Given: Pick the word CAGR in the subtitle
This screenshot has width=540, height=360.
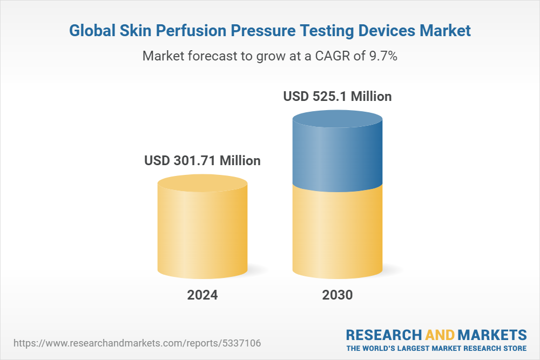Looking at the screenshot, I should click(332, 56).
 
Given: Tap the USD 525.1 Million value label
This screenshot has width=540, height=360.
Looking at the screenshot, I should click(337, 97).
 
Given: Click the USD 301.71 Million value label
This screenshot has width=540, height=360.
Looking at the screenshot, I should click(202, 161).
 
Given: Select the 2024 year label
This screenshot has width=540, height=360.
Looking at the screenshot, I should click(202, 295).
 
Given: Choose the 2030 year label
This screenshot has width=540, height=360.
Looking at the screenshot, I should click(337, 295).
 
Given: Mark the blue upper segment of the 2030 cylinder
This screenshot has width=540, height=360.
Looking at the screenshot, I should click(337, 157).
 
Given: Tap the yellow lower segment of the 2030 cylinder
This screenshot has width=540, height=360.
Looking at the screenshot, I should click(337, 232).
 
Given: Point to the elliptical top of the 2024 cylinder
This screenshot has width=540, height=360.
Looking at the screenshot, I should click(202, 184).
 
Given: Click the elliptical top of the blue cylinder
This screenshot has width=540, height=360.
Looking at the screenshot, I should click(337, 120).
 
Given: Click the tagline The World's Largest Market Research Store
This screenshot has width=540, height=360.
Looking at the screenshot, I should click(436, 348).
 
